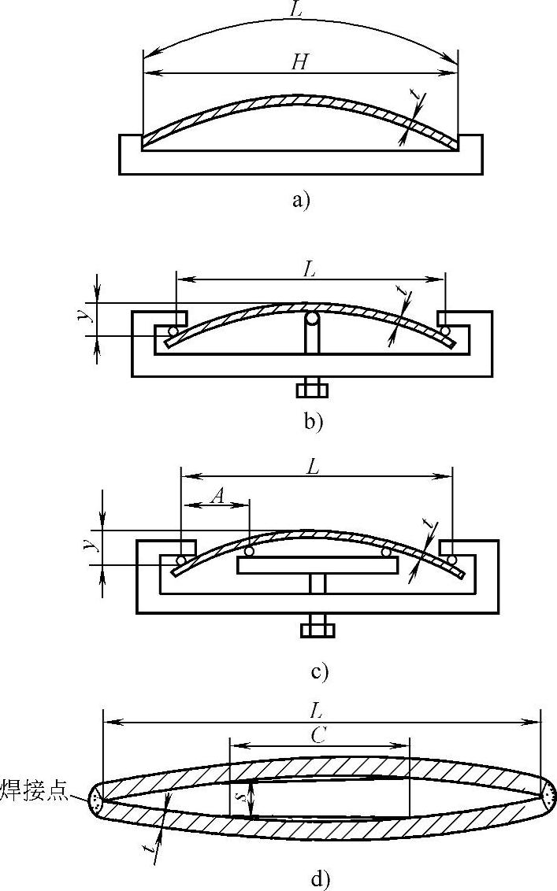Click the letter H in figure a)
299,62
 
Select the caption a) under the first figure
300,200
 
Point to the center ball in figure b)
312,320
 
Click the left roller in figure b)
172,331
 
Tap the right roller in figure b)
445,330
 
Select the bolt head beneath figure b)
312,390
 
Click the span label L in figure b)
310,268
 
